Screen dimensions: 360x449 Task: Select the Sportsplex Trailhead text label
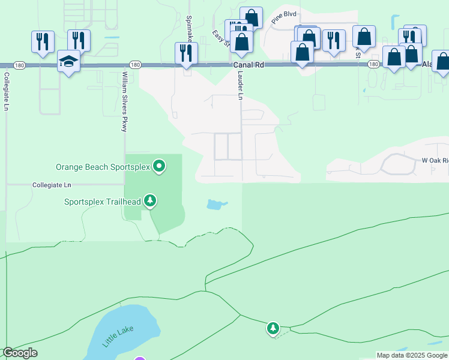[102, 202]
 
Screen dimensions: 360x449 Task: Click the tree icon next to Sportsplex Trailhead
[150, 201]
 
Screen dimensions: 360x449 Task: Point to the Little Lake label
[118, 335]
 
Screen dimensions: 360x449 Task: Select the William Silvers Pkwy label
[125, 96]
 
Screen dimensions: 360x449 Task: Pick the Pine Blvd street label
[284, 17]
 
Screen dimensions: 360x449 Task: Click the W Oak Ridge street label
[433, 161]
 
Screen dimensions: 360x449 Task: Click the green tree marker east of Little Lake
[273, 328]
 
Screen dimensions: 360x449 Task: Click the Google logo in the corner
[20, 353]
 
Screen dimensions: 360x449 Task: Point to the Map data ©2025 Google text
[411, 355]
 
